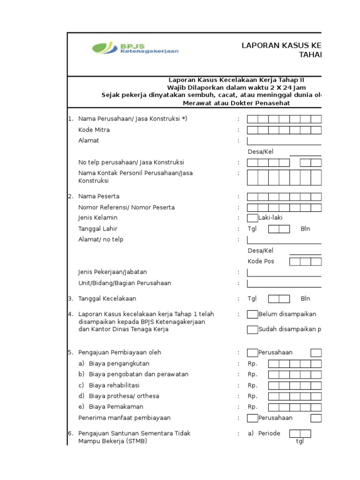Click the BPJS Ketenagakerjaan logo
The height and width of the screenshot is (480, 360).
(135, 49)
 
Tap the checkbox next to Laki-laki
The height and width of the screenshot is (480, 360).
(252, 217)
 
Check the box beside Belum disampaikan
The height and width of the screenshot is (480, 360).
(252, 314)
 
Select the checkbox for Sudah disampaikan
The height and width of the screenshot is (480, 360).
(252, 330)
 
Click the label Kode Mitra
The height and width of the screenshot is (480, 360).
(94, 130)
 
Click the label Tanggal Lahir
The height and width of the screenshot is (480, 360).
(97, 229)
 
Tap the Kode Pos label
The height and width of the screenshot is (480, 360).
(261, 261)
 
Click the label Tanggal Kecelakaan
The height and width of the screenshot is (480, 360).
(107, 299)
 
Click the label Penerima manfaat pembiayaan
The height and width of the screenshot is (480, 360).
(124, 418)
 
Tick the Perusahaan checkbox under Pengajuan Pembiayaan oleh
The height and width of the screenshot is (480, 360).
(252, 352)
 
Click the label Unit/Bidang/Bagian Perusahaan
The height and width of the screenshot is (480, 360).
(124, 283)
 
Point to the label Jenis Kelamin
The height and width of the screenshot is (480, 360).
(97, 217)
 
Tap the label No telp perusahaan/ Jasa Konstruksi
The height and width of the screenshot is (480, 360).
(131, 162)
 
